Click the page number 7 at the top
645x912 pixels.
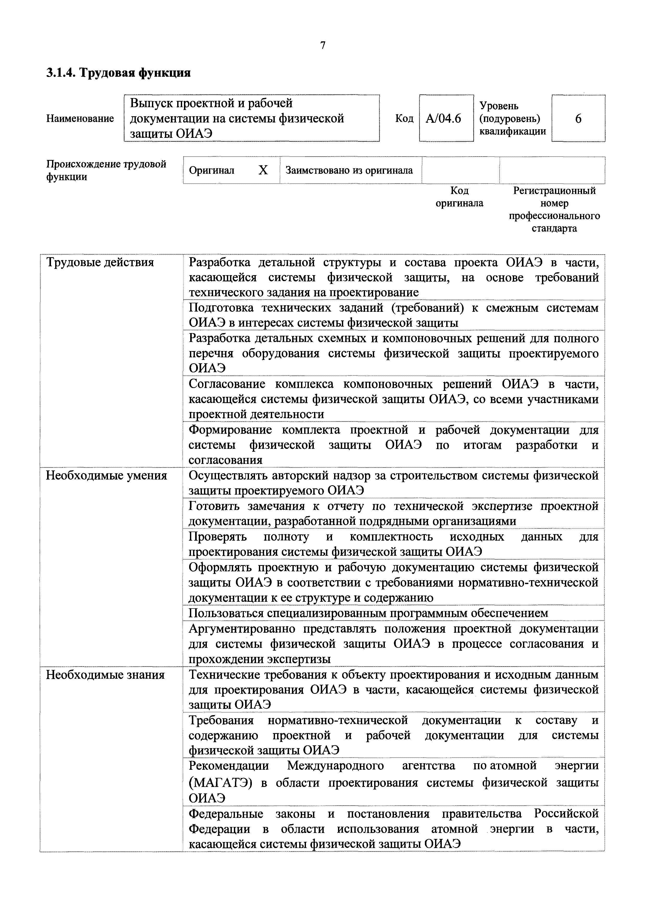coord(322,46)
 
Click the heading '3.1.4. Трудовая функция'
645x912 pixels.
coord(118,73)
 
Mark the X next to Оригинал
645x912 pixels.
coord(263,170)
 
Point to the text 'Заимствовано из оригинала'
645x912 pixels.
coord(349,170)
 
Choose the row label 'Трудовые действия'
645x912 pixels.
coord(100,263)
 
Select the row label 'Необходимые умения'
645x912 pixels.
coord(106,475)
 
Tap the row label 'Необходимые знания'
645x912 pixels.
coord(105,675)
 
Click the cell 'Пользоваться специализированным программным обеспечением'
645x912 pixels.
coord(368,613)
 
